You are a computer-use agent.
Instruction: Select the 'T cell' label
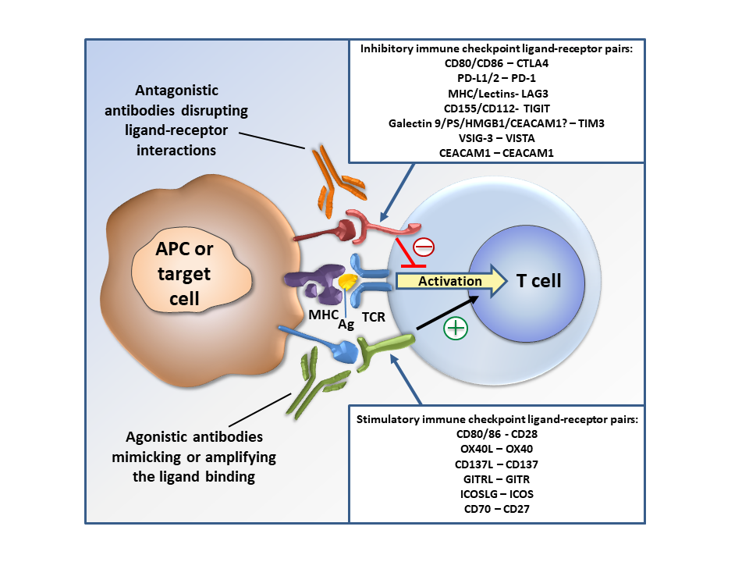click(x=538, y=281)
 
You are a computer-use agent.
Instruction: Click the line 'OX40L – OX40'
click(x=496, y=449)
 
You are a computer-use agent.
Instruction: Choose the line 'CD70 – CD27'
click(x=496, y=510)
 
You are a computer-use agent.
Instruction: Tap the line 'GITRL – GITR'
click(x=496, y=479)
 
